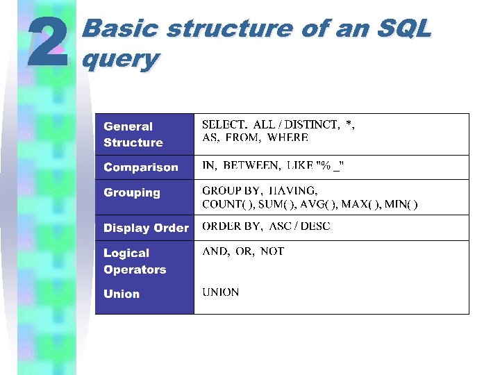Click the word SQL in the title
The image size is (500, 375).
[405, 29]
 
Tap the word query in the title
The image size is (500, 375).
[119, 59]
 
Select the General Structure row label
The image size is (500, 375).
[133, 135]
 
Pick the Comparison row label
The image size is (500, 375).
[140, 167]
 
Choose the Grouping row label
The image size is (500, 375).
[131, 192]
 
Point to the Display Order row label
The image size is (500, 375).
[146, 228]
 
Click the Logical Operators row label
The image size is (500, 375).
[135, 261]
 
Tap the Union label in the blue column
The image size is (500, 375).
[122, 294]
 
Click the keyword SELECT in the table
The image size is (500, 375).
[224, 124]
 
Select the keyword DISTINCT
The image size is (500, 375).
[312, 124]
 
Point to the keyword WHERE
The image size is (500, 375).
[287, 138]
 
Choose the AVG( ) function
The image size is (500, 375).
[322, 204]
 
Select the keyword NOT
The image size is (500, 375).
[272, 251]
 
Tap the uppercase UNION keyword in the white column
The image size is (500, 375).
[220, 292]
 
